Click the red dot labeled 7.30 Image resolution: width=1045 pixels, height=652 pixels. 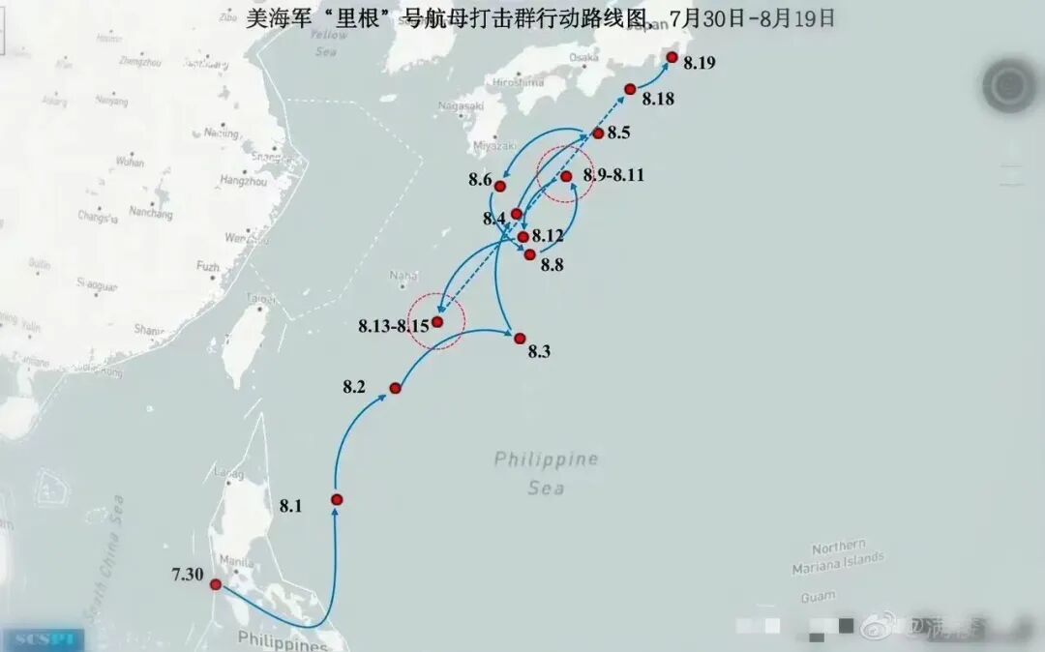(215, 584)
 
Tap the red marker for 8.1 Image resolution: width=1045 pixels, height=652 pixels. (337, 499)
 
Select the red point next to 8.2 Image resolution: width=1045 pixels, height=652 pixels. (395, 388)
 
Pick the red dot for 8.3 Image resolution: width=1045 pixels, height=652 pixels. (520, 339)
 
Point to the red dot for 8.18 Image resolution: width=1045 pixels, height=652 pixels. (630, 89)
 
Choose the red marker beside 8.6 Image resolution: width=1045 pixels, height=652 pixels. (500, 186)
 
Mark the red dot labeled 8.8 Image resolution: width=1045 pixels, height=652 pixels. (529, 254)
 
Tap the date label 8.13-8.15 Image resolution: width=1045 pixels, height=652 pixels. (392, 326)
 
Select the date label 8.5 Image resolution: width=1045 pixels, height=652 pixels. (619, 133)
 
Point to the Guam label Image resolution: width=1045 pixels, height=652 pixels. (818, 597)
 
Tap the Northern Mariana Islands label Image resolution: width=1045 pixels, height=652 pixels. (838, 557)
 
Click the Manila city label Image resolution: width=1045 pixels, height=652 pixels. (236, 560)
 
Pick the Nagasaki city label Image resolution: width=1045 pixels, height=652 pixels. (460, 105)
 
